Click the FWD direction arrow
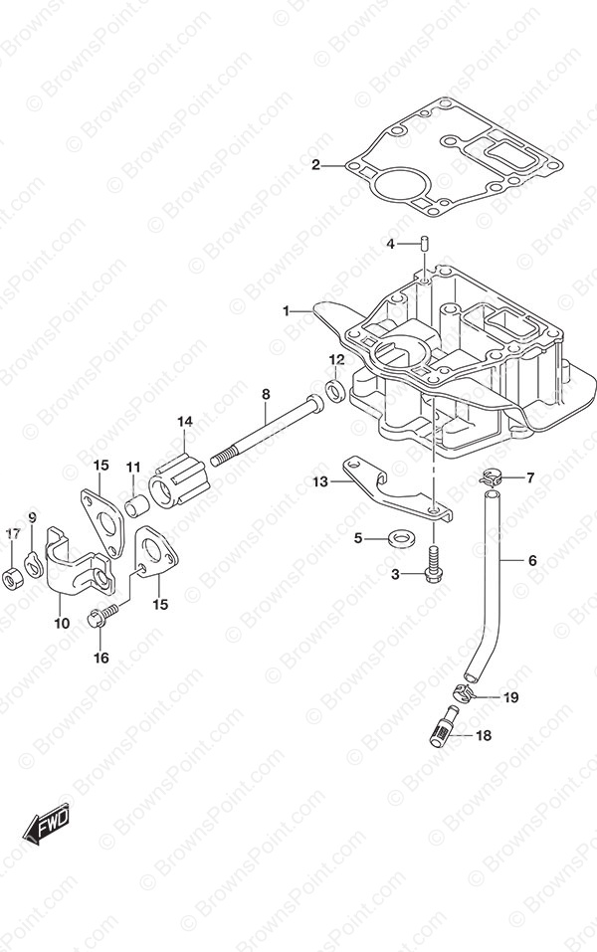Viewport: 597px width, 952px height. click(47, 827)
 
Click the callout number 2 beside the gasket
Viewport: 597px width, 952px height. click(315, 164)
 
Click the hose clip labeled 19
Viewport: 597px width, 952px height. click(464, 691)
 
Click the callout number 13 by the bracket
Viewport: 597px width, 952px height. click(320, 482)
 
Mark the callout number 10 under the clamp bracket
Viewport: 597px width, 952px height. click(62, 623)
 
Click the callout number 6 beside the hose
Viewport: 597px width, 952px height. click(532, 560)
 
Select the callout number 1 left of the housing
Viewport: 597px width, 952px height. click(286, 310)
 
